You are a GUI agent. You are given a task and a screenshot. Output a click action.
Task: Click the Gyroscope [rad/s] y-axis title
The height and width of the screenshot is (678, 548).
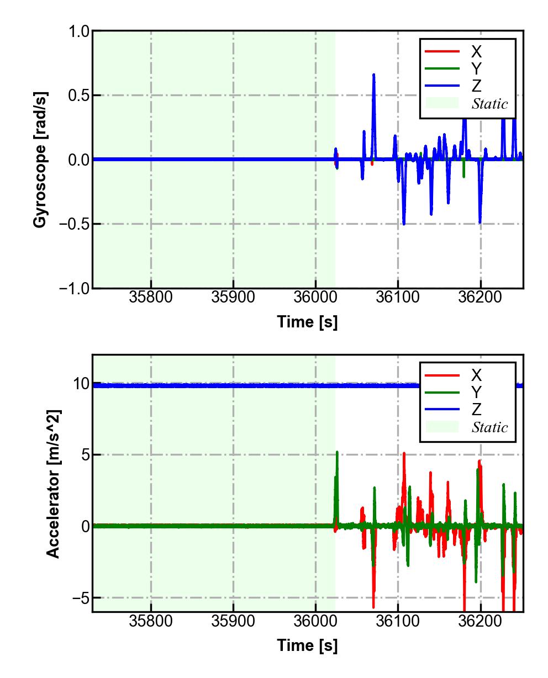click(40, 160)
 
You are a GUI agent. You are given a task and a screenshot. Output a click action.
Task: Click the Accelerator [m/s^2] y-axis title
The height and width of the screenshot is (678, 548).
click(53, 483)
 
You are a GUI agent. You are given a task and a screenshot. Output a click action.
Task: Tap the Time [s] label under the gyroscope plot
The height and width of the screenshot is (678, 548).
click(307, 321)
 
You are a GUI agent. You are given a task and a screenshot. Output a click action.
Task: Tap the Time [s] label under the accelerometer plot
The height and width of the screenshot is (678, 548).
click(307, 645)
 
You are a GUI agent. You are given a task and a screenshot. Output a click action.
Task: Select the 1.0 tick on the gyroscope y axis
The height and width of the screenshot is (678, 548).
click(79, 31)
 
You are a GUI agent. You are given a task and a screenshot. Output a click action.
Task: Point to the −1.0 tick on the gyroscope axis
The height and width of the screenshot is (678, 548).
click(75, 288)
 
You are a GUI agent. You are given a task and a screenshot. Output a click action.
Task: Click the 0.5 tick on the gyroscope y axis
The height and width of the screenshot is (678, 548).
click(79, 96)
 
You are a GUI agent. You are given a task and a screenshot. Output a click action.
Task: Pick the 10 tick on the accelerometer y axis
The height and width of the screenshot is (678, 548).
click(81, 384)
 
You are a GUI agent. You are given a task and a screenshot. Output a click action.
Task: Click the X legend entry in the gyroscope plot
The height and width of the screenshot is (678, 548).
click(476, 52)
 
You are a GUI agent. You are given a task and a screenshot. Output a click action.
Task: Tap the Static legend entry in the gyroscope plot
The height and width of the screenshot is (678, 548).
click(489, 104)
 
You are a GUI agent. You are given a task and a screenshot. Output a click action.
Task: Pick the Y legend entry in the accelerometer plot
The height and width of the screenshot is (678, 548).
click(476, 393)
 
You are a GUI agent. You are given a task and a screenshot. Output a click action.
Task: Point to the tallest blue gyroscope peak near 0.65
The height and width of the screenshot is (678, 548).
click(374, 75)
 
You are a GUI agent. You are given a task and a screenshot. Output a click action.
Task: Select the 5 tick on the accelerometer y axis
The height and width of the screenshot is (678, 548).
click(83, 455)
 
